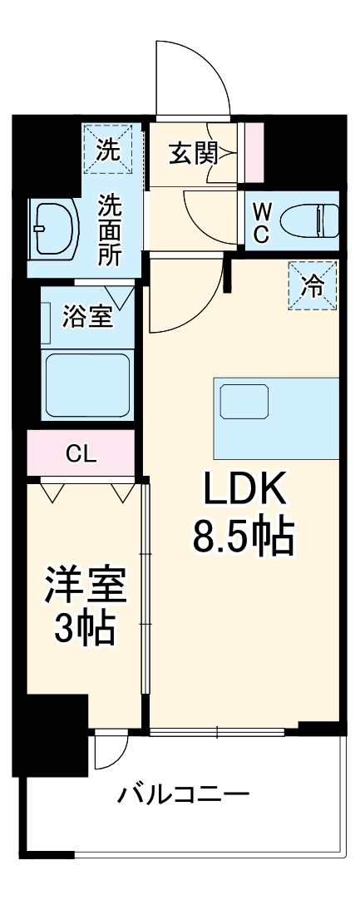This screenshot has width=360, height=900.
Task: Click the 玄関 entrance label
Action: (x=194, y=153)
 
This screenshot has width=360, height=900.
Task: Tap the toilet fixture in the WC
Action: (x=308, y=222)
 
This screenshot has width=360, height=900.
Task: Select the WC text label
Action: (x=261, y=222)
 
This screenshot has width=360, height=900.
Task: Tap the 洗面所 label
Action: (x=110, y=229)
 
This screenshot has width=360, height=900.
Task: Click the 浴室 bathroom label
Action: (x=87, y=317)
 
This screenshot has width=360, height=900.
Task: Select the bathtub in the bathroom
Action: (x=86, y=385)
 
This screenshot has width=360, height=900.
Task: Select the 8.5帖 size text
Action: (x=244, y=538)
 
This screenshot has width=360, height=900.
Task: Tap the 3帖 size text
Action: (x=85, y=630)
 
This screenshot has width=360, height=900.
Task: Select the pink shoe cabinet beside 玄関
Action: (x=254, y=152)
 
